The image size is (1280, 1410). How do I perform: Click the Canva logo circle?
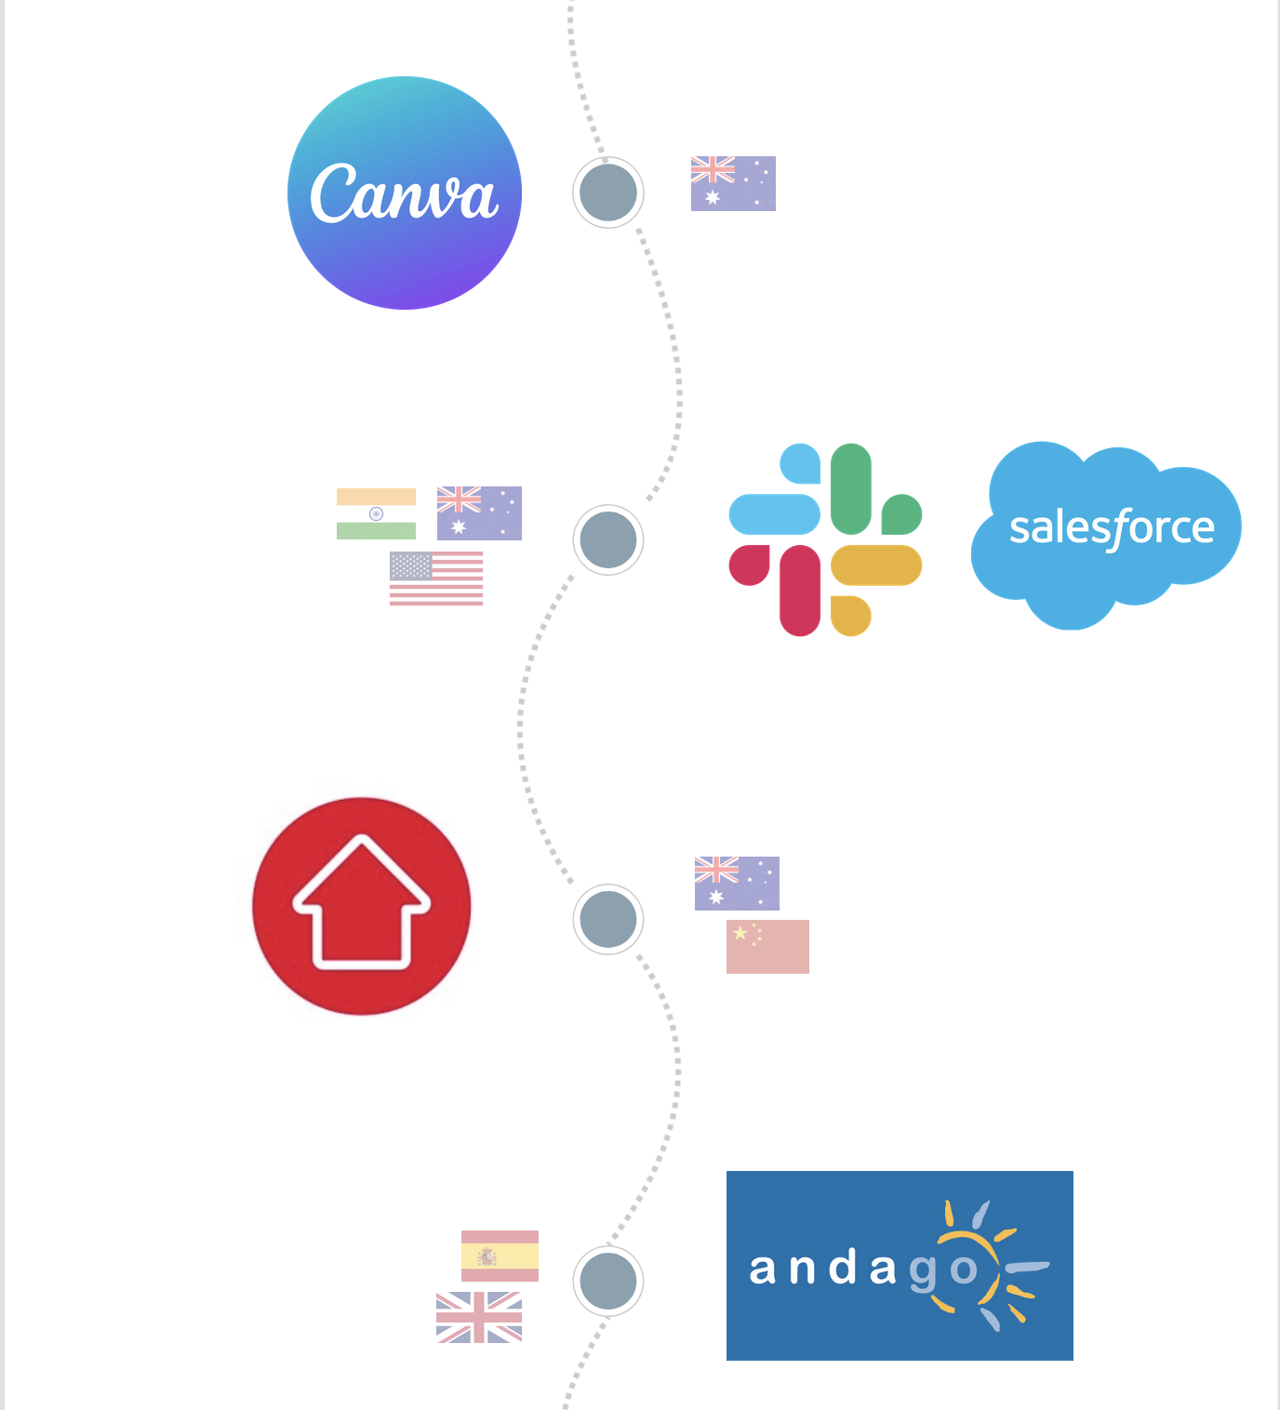point(405,193)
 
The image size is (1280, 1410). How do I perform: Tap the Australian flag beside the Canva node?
point(733,183)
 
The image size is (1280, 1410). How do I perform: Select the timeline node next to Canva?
point(608,193)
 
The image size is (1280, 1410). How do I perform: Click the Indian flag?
point(376,513)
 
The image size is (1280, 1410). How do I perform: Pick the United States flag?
point(436,579)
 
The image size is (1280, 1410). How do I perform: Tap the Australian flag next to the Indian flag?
point(479,513)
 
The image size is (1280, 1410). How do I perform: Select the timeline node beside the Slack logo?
point(608,539)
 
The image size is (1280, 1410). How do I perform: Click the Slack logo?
point(825,539)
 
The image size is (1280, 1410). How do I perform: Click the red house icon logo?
point(362,906)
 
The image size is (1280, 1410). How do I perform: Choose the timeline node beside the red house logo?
point(608,919)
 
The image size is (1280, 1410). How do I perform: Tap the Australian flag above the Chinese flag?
point(737,884)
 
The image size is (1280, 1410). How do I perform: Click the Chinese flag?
point(767,947)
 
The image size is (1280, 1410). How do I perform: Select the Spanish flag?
point(500,1256)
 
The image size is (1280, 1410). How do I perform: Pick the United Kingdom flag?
point(479,1317)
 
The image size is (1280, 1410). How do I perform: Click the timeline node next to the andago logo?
point(608,1281)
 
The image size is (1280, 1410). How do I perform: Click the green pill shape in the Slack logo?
point(851,488)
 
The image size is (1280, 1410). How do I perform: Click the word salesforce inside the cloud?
point(1112,528)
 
